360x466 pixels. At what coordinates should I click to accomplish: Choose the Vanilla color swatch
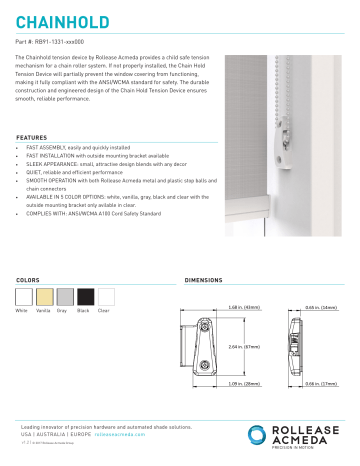pos(45,297)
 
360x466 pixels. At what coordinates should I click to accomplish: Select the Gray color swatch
pos(66,297)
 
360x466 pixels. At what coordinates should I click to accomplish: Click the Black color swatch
pos(87,297)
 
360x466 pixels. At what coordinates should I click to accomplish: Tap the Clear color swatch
pos(108,297)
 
